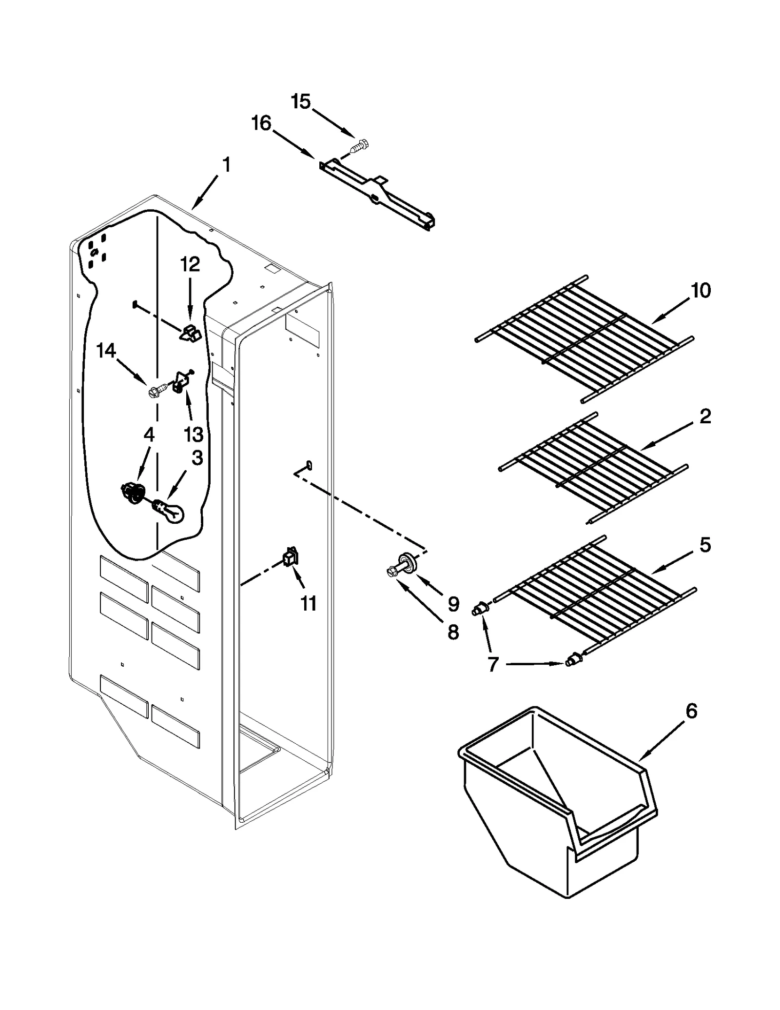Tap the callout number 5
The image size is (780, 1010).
point(705,544)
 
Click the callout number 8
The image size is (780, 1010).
point(453,633)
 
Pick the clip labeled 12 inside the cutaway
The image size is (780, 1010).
point(191,333)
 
